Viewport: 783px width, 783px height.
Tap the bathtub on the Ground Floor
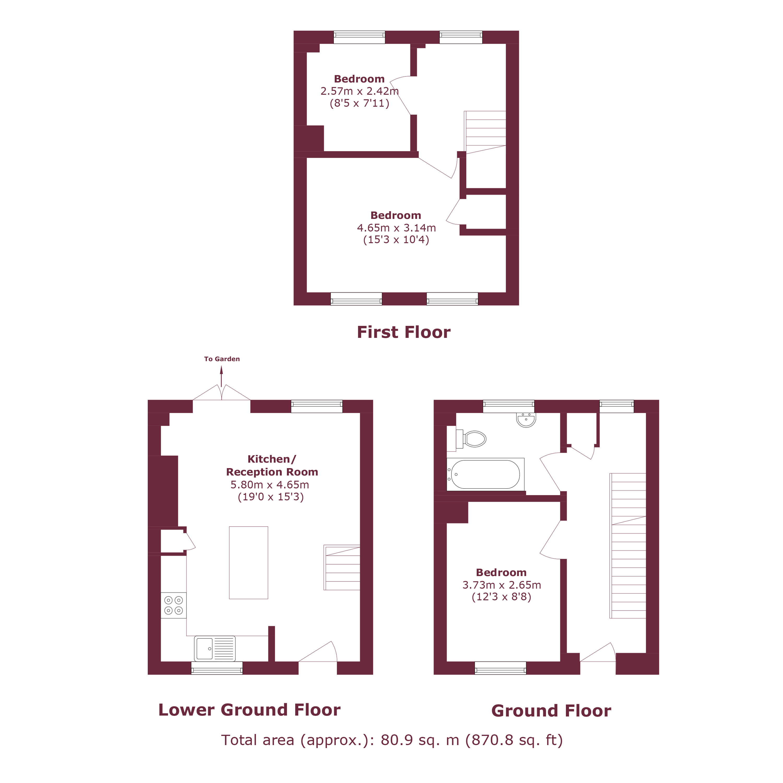[x=485, y=474]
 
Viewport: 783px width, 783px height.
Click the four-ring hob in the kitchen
[x=174, y=606]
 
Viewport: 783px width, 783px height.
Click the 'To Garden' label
[x=222, y=359]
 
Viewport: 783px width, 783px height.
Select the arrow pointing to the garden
[x=221, y=376]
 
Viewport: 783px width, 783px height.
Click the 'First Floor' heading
[x=404, y=332]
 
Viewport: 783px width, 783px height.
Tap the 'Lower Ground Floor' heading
[x=249, y=710]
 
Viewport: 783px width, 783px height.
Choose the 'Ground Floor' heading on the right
[x=551, y=711]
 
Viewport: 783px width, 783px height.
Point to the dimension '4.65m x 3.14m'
[x=396, y=228]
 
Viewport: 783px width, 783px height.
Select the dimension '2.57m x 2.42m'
[x=359, y=91]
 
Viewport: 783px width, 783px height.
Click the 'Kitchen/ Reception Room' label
[x=272, y=465]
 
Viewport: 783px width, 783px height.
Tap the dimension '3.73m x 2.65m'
[x=502, y=585]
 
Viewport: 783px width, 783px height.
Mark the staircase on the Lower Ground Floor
[x=342, y=567]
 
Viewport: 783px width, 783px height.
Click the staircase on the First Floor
[x=485, y=133]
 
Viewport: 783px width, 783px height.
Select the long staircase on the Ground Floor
[x=628, y=545]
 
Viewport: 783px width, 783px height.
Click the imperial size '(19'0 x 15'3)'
[x=271, y=497]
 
